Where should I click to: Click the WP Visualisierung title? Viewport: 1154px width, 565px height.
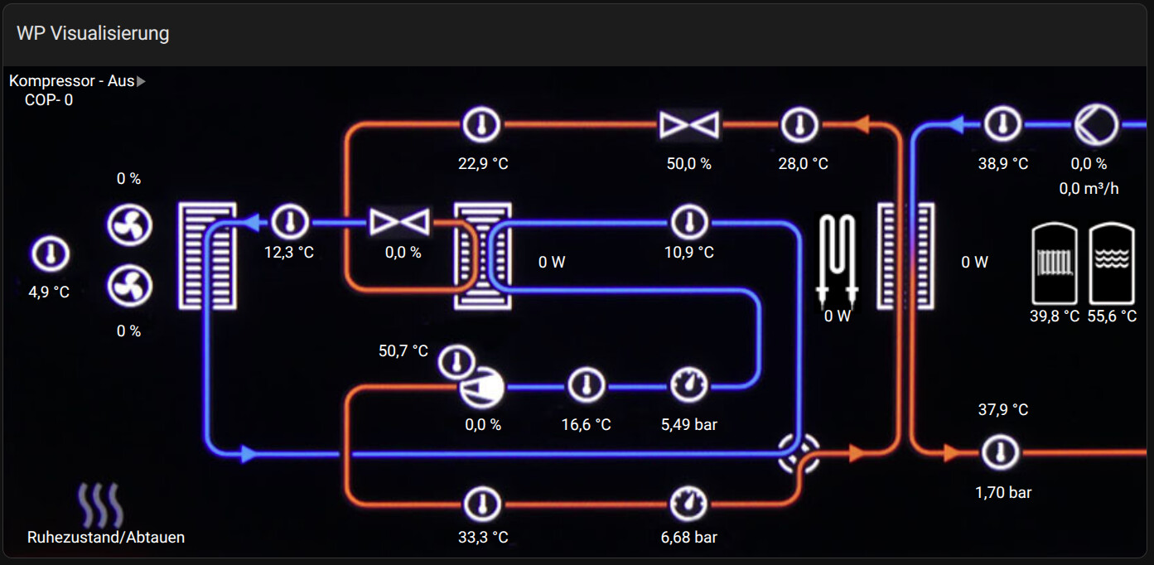93,33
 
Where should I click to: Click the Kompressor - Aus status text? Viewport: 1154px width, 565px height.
72,81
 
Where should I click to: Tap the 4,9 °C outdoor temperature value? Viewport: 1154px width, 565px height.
50,292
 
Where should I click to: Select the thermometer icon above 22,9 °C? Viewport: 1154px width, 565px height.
481,126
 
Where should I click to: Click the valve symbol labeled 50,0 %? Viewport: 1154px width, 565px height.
689,126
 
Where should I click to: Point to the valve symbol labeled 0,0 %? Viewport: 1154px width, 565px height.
399,222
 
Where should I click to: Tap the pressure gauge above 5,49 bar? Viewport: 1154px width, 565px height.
689,385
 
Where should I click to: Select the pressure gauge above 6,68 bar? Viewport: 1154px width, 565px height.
689,503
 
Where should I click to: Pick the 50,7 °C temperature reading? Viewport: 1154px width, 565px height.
403,351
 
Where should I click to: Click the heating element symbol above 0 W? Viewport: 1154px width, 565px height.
837,257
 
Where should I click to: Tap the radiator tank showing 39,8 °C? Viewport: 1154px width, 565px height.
1055,263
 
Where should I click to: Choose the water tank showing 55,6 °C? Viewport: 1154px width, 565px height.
1112,263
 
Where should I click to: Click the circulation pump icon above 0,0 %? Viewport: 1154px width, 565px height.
1096,126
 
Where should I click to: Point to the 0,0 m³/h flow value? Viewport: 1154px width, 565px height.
1089,189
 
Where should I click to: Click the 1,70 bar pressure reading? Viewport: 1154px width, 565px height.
1003,493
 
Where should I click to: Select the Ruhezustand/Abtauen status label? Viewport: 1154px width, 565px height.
106,538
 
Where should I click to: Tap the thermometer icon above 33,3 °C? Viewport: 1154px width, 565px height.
482,504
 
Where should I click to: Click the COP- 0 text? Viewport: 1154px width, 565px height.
49,100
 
